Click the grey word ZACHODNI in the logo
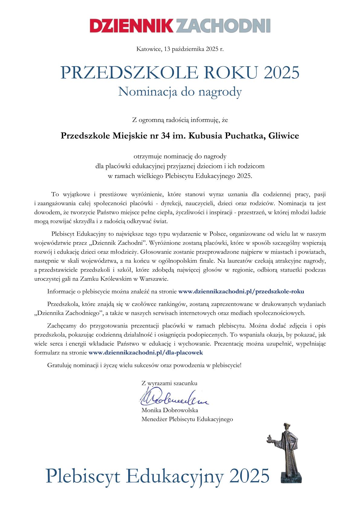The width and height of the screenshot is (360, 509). click(223, 25)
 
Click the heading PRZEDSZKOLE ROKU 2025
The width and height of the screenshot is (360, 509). click(180, 73)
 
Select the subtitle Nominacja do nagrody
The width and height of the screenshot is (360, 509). click(180, 91)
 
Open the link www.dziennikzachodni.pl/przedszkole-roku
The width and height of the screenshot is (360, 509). click(241, 291)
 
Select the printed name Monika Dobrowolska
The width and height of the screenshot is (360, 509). click(169, 410)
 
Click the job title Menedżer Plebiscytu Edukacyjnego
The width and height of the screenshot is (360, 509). click(187, 419)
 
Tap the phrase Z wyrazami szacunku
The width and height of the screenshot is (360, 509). click(169, 383)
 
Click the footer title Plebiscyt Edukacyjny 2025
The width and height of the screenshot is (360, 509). click(157, 475)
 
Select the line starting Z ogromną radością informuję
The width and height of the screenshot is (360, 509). click(180, 120)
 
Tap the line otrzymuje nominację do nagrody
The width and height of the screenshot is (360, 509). click(180, 156)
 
